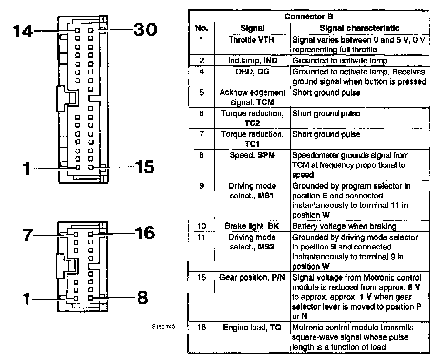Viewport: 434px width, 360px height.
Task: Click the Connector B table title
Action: [308, 16]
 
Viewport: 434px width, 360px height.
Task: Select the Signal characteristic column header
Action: [359, 28]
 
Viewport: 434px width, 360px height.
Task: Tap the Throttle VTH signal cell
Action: [251, 40]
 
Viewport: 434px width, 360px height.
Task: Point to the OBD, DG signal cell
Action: [252, 71]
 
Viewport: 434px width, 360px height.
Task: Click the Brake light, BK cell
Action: [252, 226]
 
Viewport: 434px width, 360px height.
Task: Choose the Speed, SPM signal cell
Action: [252, 155]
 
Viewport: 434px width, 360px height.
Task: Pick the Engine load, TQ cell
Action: [252, 327]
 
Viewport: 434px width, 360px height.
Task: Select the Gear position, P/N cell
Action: [252, 277]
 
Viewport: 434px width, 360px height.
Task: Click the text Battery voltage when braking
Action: [344, 226]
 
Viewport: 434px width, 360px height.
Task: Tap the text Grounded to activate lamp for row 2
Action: [340, 60]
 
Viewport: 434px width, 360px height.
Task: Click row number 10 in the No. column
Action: [201, 226]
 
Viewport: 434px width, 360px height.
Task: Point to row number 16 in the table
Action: [201, 327]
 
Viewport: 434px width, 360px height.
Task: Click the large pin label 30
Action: [145, 30]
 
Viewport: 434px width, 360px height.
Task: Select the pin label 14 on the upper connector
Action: [23, 31]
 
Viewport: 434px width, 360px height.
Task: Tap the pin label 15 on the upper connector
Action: [144, 167]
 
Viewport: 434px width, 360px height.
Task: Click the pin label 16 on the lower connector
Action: [144, 233]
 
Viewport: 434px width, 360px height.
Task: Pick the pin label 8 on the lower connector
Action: [142, 298]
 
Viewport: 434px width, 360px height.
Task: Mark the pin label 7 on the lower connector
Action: [28, 235]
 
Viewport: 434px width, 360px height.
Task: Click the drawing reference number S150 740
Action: [163, 327]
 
